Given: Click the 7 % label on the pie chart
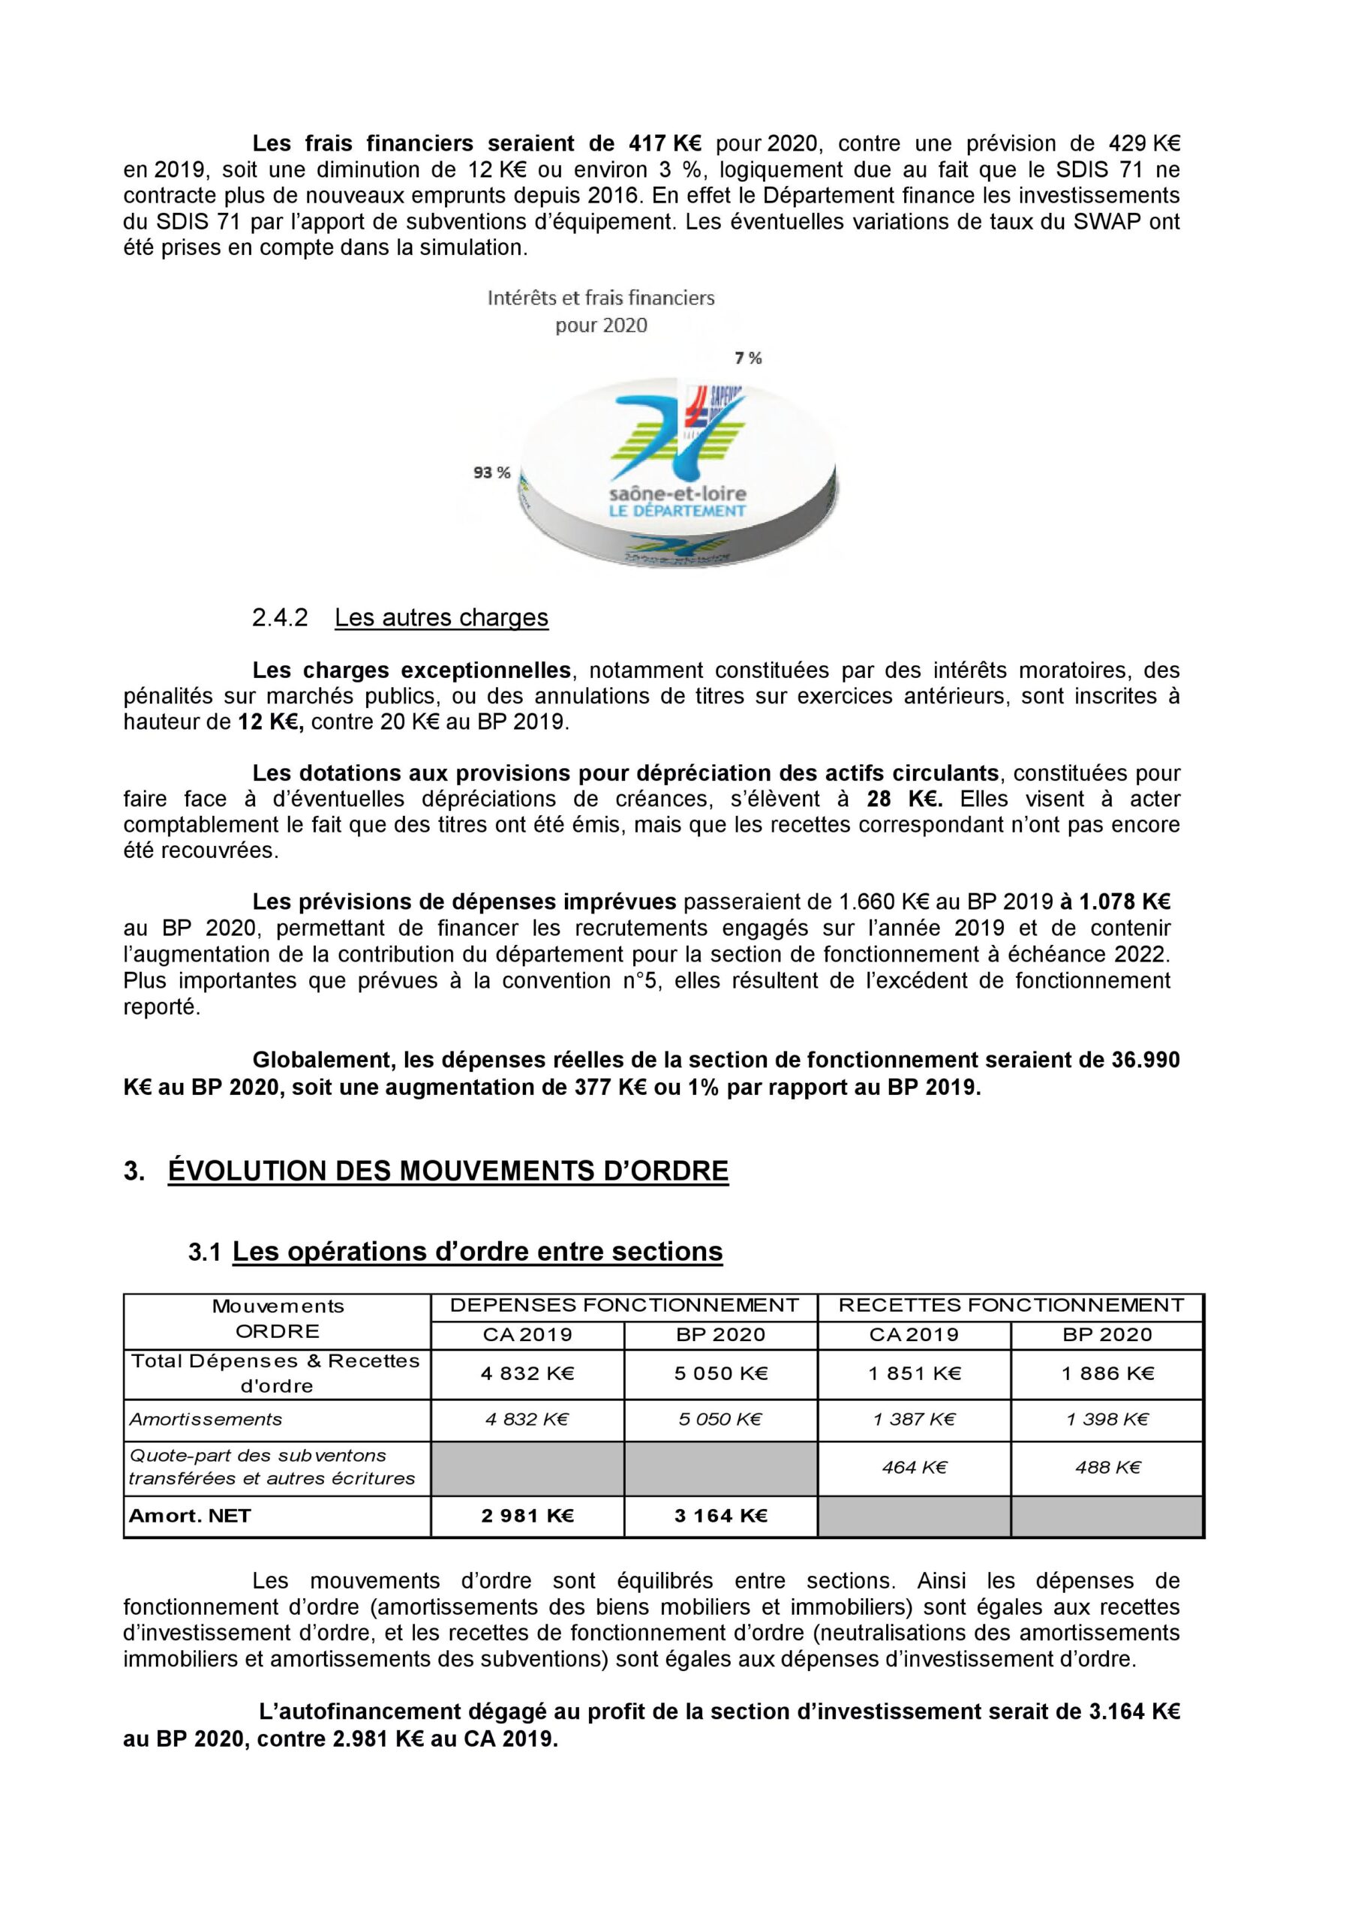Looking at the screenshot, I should click(x=748, y=358).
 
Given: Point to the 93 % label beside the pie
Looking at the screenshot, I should click(x=491, y=472).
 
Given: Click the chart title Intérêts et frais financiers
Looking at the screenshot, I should click(x=601, y=298).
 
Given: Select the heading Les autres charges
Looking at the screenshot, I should click(x=441, y=617).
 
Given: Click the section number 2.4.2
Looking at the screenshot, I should click(x=279, y=617).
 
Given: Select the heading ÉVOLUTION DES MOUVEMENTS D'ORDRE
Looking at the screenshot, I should click(x=448, y=1171).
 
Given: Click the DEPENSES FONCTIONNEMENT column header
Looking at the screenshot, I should click(x=624, y=1305).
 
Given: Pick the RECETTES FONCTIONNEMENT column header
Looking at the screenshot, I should click(x=1011, y=1305).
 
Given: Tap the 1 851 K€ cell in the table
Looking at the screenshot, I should click(x=915, y=1373).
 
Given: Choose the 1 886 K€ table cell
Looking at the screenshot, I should click(x=1107, y=1373).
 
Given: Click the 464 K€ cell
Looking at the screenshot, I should click(x=915, y=1467).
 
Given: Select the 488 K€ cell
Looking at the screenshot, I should click(x=1107, y=1467).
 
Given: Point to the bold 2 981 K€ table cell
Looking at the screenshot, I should click(x=527, y=1515).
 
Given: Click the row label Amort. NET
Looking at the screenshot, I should click(x=190, y=1515).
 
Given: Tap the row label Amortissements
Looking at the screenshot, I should click(x=205, y=1419).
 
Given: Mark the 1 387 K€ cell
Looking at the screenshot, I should click(x=915, y=1419).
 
